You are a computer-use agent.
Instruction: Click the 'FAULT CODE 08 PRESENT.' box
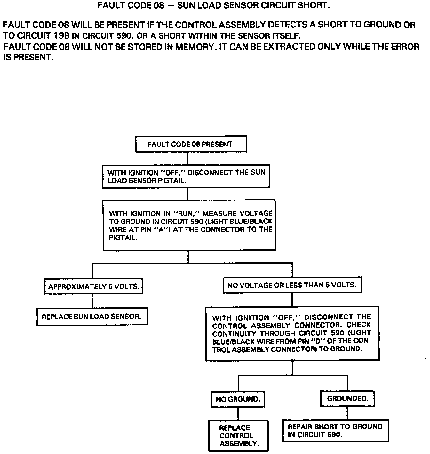191,144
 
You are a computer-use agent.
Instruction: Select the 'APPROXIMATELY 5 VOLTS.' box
93,286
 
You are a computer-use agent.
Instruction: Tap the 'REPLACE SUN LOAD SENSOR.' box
92,317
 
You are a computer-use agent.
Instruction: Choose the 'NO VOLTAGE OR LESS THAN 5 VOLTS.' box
292,285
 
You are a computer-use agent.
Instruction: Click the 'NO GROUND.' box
238,399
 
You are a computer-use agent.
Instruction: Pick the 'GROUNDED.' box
347,398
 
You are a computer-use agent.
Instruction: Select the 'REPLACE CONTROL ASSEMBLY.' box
238,435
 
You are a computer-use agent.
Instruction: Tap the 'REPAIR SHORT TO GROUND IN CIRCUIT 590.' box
335,431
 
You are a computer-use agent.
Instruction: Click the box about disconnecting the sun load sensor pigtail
186,176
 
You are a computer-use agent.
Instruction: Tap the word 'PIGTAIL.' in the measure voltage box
123,238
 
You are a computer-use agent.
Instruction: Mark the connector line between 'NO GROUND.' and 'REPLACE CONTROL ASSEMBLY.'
238,414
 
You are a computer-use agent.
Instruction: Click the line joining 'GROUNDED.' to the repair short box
347,413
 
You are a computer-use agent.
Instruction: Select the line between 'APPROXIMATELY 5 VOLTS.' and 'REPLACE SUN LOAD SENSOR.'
92,301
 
